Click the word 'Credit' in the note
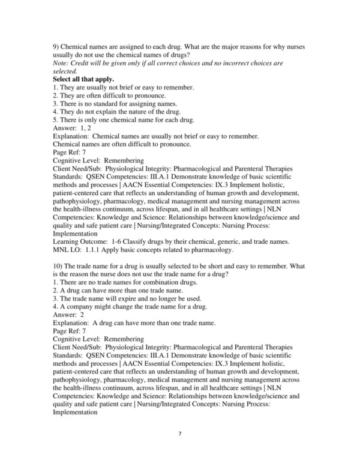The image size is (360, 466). tap(86, 62)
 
